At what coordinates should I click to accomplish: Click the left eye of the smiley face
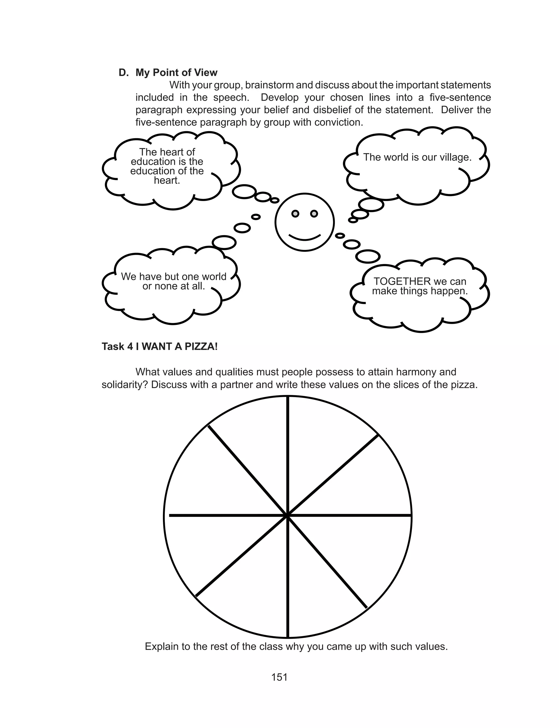[x=295, y=213]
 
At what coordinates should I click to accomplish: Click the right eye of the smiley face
[x=314, y=213]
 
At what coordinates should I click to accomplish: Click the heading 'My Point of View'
[x=176, y=73]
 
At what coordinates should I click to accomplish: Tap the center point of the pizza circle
[x=287, y=516]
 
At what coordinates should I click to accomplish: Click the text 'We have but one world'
[x=173, y=276]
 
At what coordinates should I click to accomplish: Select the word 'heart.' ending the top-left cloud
[x=167, y=181]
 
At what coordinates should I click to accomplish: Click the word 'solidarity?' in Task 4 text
[x=124, y=385]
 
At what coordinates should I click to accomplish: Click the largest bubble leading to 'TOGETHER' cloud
[x=368, y=257]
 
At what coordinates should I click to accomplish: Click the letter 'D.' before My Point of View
[x=123, y=73]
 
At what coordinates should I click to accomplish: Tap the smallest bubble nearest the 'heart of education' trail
[x=275, y=200]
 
